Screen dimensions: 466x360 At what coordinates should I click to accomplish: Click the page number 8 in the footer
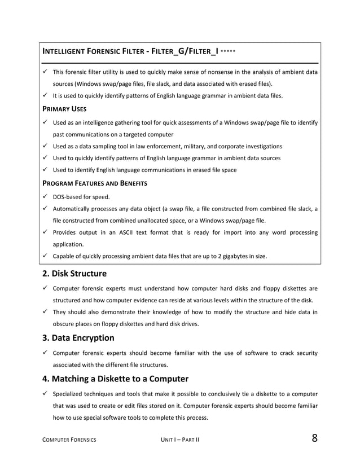[x=313, y=439]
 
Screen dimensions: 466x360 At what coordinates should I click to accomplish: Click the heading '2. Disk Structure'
[x=74, y=274]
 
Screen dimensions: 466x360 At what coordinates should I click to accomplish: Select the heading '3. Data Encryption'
[x=78, y=338]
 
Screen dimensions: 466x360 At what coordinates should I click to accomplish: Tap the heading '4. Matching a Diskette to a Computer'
[x=115, y=379]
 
